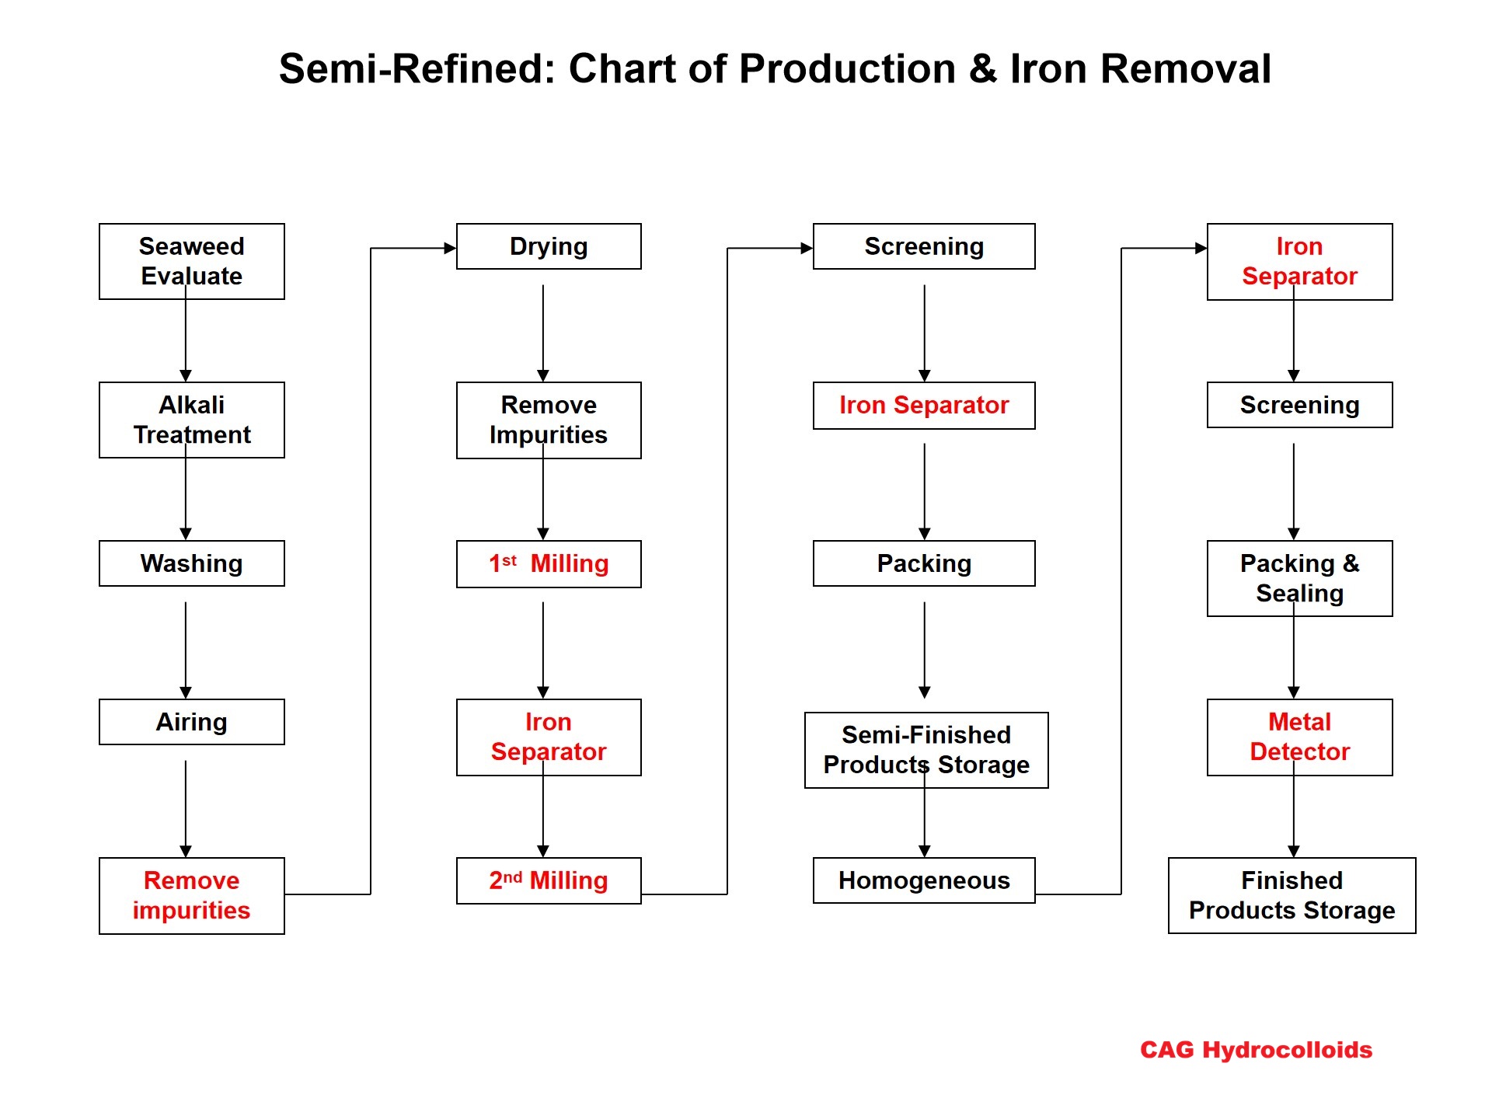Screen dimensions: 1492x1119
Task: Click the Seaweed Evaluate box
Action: tap(192, 261)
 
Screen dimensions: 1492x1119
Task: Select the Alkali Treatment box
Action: tap(192, 420)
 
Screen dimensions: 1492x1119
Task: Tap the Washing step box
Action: tap(192, 563)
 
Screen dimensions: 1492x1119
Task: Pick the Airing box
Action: tap(192, 722)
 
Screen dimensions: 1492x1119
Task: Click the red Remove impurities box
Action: tap(192, 895)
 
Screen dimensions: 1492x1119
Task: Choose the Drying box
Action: tap(549, 246)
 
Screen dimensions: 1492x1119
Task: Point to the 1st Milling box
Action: tap(549, 563)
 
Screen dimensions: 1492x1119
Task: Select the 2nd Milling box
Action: tap(549, 880)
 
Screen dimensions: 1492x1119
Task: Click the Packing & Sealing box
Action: tap(1299, 578)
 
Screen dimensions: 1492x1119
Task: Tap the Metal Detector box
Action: tap(1299, 737)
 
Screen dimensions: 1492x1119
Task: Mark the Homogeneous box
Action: tap(924, 880)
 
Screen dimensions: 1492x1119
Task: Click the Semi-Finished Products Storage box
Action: tap(926, 750)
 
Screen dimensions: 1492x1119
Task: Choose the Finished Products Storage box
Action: tap(1292, 895)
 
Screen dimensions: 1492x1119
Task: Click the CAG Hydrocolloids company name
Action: tap(1256, 1050)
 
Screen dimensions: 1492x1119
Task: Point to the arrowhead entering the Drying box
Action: tap(450, 249)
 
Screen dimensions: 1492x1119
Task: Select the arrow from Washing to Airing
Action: tap(186, 650)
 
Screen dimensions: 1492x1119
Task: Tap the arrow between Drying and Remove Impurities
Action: tap(543, 333)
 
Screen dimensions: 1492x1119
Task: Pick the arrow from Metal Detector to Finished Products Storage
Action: tap(1294, 808)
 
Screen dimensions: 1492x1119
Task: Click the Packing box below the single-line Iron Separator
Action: tap(924, 563)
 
